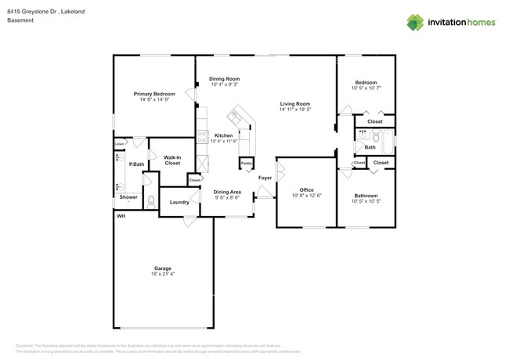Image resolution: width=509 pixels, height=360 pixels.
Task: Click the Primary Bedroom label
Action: [x=153, y=93]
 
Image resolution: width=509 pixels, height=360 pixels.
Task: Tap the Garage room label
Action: [x=162, y=268]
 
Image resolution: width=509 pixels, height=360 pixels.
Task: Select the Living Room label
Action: [x=294, y=104]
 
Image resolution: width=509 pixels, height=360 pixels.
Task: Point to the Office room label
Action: [x=306, y=189]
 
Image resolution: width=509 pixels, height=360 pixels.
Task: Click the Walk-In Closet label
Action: [x=172, y=160]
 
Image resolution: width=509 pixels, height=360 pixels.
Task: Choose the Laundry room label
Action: [x=179, y=203]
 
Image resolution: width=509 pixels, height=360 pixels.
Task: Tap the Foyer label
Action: [x=265, y=178]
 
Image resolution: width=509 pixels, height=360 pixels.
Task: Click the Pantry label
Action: [x=247, y=164]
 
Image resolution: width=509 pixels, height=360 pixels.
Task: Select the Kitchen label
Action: [x=223, y=135]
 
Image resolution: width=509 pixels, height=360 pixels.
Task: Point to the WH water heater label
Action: [x=121, y=216]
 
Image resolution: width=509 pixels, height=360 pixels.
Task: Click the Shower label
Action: [x=128, y=197]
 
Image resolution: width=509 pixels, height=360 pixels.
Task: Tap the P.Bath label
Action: [x=137, y=164]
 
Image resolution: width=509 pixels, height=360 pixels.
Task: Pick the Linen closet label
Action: [x=119, y=144]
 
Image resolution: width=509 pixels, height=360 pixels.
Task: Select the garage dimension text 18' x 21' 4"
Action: [x=162, y=274]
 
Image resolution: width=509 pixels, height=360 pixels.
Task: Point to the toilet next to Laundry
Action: [x=152, y=201]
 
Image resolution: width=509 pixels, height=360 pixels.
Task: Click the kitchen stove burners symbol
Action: [x=202, y=138]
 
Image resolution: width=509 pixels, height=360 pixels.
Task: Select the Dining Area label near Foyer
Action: [x=227, y=191]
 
